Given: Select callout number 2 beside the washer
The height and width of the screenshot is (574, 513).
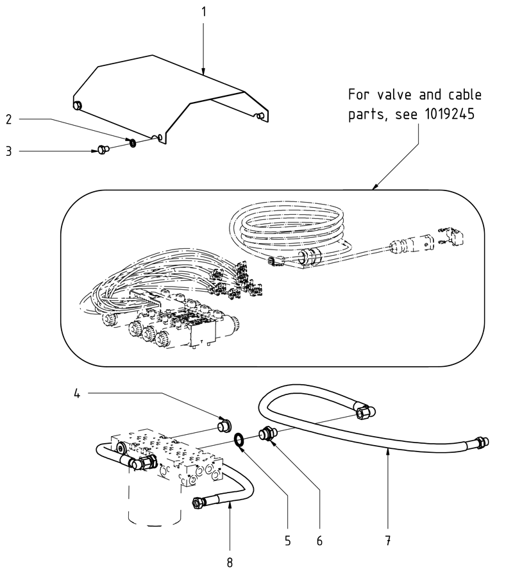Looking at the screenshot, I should coord(9,119).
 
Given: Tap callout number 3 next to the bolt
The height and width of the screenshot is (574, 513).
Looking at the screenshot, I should coord(9,151).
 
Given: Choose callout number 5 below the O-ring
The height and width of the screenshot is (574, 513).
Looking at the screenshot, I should coord(288,540).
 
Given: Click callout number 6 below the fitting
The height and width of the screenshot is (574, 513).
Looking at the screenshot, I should coord(319,540).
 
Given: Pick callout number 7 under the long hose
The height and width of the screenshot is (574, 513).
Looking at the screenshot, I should coord(389,540).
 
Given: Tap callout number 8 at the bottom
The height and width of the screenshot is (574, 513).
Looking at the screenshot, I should coord(230,562).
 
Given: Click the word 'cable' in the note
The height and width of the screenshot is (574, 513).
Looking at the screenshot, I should coord(462,96).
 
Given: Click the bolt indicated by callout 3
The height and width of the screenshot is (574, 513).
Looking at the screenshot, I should coord(103,150).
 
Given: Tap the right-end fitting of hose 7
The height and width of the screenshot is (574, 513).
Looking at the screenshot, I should coord(481,443).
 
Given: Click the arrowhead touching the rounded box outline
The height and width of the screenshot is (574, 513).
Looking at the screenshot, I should coord(375,188).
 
